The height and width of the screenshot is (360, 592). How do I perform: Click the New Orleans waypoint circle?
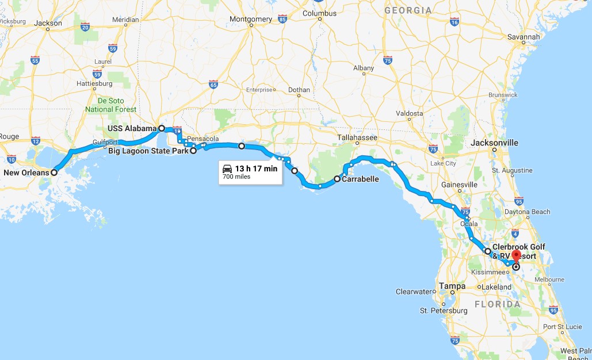click(x=54, y=172)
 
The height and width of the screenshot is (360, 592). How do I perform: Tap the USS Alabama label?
click(x=132, y=128)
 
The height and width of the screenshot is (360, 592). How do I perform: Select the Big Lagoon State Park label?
click(x=148, y=151)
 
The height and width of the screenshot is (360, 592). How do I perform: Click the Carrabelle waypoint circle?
click(x=337, y=179)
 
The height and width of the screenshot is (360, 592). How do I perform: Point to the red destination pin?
click(x=515, y=256)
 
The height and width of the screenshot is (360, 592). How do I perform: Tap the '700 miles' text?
click(x=237, y=177)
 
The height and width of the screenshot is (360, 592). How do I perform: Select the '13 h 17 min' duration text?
click(x=256, y=168)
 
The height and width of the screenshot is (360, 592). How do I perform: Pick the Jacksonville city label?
click(x=494, y=143)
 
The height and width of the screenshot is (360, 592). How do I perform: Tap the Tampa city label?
click(x=452, y=285)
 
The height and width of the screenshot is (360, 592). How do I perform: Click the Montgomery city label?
click(x=251, y=19)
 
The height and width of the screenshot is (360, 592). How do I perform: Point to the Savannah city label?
click(x=524, y=37)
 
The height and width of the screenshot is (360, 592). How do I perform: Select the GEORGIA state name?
click(x=407, y=10)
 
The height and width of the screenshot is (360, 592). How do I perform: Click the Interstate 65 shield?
click(x=213, y=85)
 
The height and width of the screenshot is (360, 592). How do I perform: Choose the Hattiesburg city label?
click(x=94, y=83)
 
